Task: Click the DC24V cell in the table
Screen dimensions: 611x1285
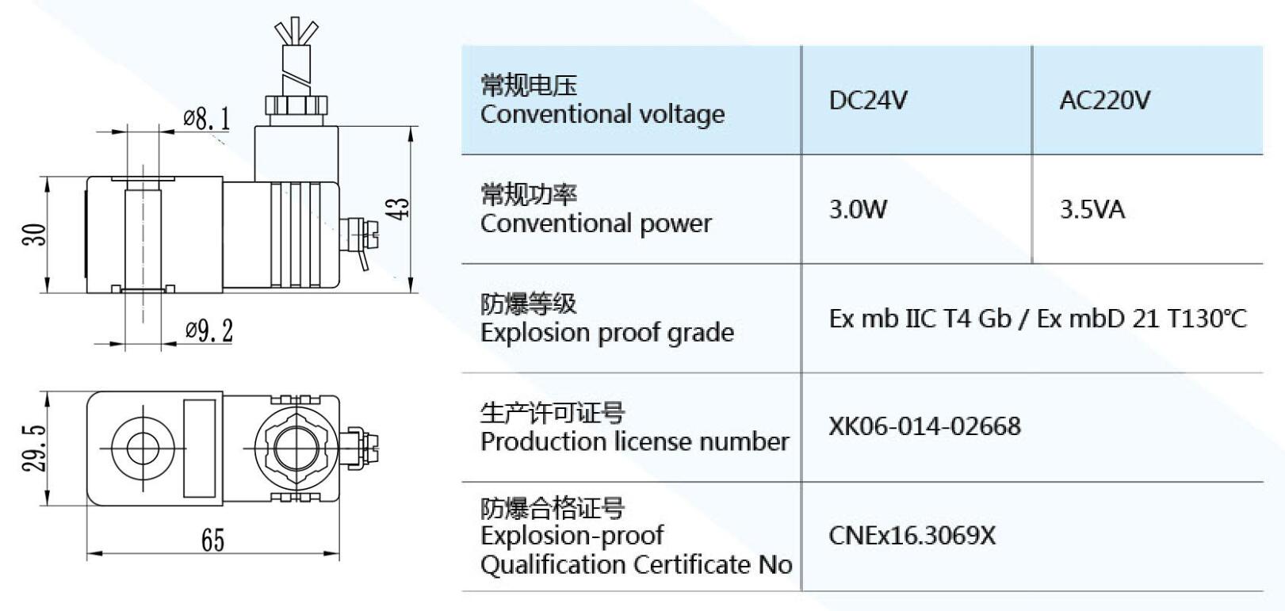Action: pyautogui.click(x=868, y=101)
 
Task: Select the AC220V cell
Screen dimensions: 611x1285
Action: pyautogui.click(x=1104, y=101)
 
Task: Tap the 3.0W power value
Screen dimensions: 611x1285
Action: pyautogui.click(x=858, y=209)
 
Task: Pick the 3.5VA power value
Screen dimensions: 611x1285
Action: pyautogui.click(x=1092, y=209)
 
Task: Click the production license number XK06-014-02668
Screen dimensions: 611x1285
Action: pyautogui.click(x=924, y=426)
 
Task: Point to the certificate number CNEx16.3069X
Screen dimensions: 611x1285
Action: pyautogui.click(x=912, y=536)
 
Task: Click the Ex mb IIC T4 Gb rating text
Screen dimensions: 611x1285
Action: pyautogui.click(x=920, y=319)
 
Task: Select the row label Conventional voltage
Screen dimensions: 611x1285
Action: pyautogui.click(x=602, y=114)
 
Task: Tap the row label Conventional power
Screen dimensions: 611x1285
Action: pyautogui.click(x=595, y=223)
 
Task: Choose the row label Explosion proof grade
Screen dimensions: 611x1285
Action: pyautogui.click(x=606, y=332)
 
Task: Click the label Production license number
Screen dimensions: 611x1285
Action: pyautogui.click(x=634, y=441)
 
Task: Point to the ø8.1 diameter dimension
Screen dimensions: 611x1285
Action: pyautogui.click(x=207, y=120)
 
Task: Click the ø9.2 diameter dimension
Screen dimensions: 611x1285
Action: pyautogui.click(x=209, y=330)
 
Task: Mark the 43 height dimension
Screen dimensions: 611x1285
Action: pyautogui.click(x=401, y=208)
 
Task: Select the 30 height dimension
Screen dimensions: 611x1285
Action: pyautogui.click(x=35, y=235)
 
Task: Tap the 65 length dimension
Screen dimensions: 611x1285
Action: pyautogui.click(x=212, y=540)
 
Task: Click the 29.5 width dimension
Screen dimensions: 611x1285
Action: pyautogui.click(x=34, y=449)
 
